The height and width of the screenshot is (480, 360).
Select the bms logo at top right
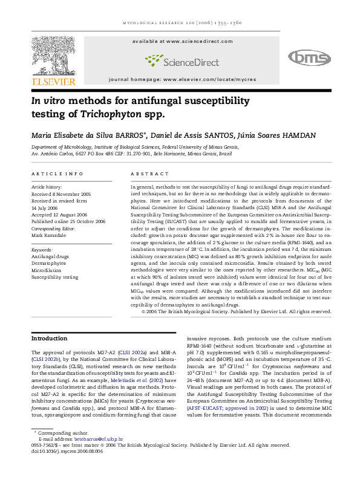tap(309, 57)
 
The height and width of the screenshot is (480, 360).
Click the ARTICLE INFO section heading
tap(57, 174)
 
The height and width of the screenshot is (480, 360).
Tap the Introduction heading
tap(50, 338)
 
